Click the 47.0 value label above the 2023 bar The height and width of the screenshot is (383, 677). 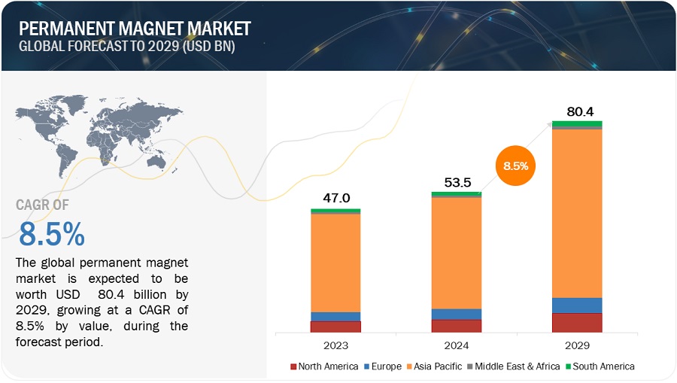tap(335, 199)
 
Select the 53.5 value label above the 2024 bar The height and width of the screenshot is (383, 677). tap(456, 182)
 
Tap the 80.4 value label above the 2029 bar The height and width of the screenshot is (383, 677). tap(576, 111)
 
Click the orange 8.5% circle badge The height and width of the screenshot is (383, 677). tap(515, 166)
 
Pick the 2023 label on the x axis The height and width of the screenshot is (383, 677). tap(335, 345)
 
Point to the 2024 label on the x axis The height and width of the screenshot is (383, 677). tap(456, 345)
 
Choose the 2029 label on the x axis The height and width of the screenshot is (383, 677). tap(576, 345)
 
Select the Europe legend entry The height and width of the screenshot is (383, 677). tap(384, 366)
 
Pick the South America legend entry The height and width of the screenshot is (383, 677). tap(599, 366)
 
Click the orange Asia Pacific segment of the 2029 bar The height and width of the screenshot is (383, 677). tap(576, 213)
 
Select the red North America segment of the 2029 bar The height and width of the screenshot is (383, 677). tap(576, 323)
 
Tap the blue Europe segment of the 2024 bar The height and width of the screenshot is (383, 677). tap(456, 315)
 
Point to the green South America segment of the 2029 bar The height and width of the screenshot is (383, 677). tap(576, 123)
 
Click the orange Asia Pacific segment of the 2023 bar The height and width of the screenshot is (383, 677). tap(335, 263)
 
